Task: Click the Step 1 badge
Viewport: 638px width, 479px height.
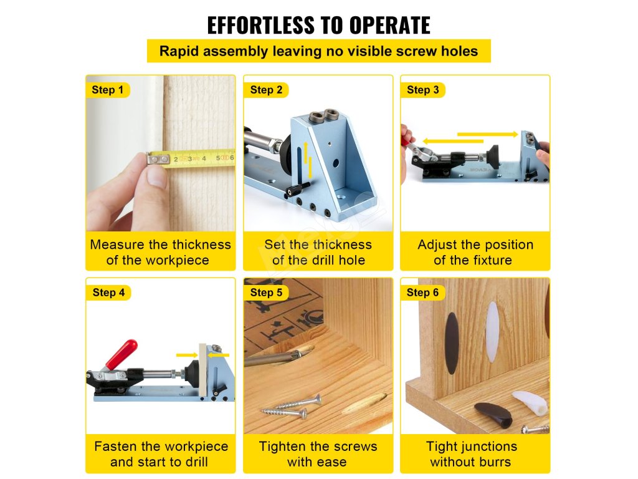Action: pyautogui.click(x=108, y=90)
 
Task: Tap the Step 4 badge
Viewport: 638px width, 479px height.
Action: pyautogui.click(x=108, y=293)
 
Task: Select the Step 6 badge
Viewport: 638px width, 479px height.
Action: pyautogui.click(x=423, y=293)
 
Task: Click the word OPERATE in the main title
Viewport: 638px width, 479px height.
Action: pyautogui.click(x=389, y=25)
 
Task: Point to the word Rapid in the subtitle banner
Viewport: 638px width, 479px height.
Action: pyautogui.click(x=179, y=51)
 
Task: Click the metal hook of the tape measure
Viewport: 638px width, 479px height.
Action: pyautogui.click(x=158, y=158)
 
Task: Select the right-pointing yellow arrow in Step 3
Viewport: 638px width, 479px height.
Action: pyautogui.click(x=488, y=135)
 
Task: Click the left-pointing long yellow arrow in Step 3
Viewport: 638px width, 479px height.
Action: pyautogui.click(x=453, y=142)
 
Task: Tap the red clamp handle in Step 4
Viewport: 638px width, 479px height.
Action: pyautogui.click(x=121, y=354)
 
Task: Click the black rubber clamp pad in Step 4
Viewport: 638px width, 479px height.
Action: pyautogui.click(x=191, y=373)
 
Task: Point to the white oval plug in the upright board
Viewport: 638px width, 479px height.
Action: pyautogui.click(x=492, y=332)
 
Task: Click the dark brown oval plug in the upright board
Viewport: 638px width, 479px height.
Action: pyautogui.click(x=452, y=343)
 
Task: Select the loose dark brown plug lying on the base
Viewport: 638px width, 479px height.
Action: pyautogui.click(x=493, y=414)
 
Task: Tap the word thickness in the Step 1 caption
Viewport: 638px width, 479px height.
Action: pyautogui.click(x=201, y=244)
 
